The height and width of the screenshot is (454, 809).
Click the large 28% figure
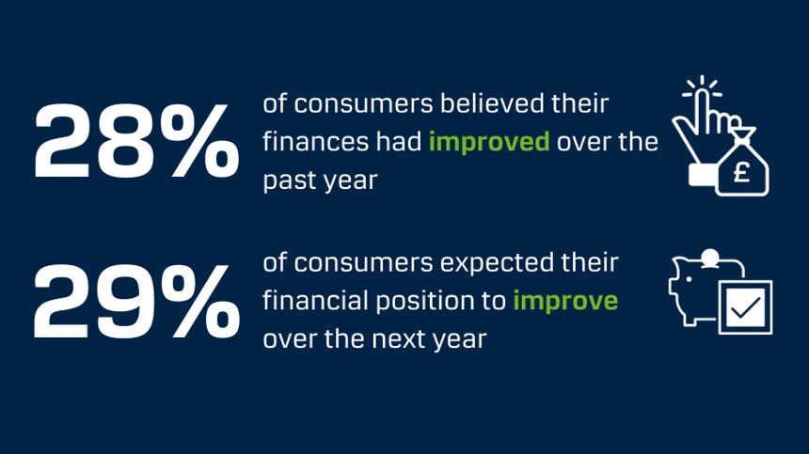click(x=135, y=144)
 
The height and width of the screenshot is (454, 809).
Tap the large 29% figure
click(x=135, y=303)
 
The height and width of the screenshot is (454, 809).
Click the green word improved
click(x=489, y=143)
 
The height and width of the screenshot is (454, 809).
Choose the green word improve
click(x=565, y=301)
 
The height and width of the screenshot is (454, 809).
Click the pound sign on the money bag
click(x=741, y=175)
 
